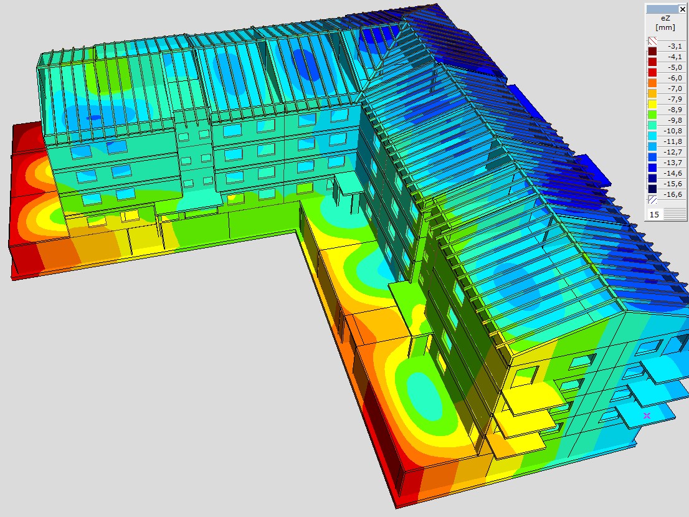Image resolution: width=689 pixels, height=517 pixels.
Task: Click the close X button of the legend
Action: [x=682, y=9]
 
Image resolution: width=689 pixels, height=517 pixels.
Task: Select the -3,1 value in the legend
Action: [x=674, y=46]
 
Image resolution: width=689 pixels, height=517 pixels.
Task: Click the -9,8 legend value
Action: [x=674, y=120]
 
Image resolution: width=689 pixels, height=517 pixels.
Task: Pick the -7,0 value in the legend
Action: [x=674, y=88]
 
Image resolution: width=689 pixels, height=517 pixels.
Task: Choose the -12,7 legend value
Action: [x=674, y=152]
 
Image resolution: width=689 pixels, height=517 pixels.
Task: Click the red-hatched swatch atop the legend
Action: [x=652, y=40]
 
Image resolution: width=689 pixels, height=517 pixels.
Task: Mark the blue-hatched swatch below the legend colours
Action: [x=652, y=200]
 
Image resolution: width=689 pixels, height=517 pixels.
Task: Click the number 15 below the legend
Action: [x=655, y=214]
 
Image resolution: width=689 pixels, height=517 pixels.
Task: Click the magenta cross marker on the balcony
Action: [x=647, y=415]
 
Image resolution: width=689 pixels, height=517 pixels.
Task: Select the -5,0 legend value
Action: [x=674, y=67]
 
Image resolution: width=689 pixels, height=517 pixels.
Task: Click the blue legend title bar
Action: [x=662, y=9]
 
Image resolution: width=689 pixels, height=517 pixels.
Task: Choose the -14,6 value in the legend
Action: [x=674, y=173]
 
